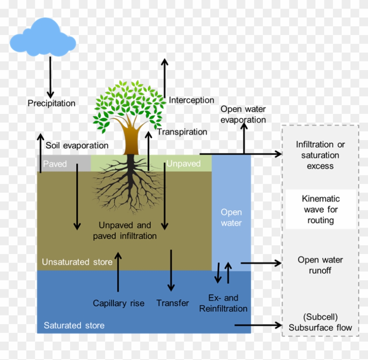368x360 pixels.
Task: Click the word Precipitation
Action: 51,103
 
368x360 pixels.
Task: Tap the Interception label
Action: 191,100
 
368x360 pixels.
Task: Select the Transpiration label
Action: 182,132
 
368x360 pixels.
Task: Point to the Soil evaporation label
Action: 77,145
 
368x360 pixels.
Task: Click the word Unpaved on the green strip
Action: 183,164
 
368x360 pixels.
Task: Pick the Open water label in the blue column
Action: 231,217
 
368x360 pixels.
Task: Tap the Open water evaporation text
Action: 243,114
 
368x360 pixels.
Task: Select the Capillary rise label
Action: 118,303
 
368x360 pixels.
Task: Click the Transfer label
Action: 173,303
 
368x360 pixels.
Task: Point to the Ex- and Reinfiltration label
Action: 223,303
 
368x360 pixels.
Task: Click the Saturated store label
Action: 74,325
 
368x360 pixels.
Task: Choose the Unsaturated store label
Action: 77,262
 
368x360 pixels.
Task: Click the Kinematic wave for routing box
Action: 321,209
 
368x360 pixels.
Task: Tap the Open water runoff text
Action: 320,265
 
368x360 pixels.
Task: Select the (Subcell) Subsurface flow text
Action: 320,322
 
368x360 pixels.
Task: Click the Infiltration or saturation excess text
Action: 320,155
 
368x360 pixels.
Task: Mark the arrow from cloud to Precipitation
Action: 50,77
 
